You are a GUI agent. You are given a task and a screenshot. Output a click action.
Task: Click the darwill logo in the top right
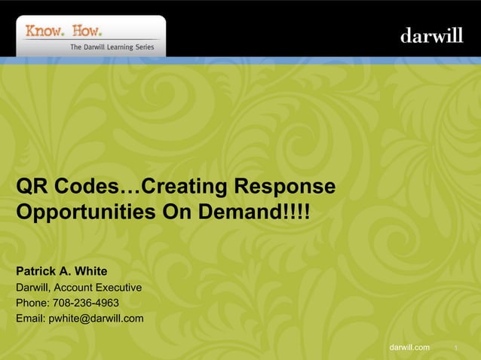click(x=430, y=35)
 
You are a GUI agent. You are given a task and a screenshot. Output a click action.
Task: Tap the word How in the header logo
click(x=85, y=31)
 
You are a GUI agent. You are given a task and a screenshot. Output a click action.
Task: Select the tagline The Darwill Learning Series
click(x=112, y=47)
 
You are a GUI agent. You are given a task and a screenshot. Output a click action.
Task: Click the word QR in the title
click(x=32, y=186)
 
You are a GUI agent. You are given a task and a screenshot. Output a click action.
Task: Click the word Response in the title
click(x=283, y=186)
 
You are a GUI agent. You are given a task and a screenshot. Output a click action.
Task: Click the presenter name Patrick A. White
click(x=62, y=271)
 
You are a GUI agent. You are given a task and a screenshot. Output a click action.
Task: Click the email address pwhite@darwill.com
click(x=96, y=319)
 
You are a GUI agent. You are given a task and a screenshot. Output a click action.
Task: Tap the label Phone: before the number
click(x=32, y=303)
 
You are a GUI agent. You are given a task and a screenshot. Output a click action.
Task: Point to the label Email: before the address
click(x=31, y=319)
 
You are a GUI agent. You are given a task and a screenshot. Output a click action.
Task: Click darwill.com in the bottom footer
click(x=409, y=346)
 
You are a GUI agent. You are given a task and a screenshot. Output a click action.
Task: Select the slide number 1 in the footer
click(x=456, y=347)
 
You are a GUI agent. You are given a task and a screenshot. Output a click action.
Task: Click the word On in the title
click(x=177, y=212)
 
